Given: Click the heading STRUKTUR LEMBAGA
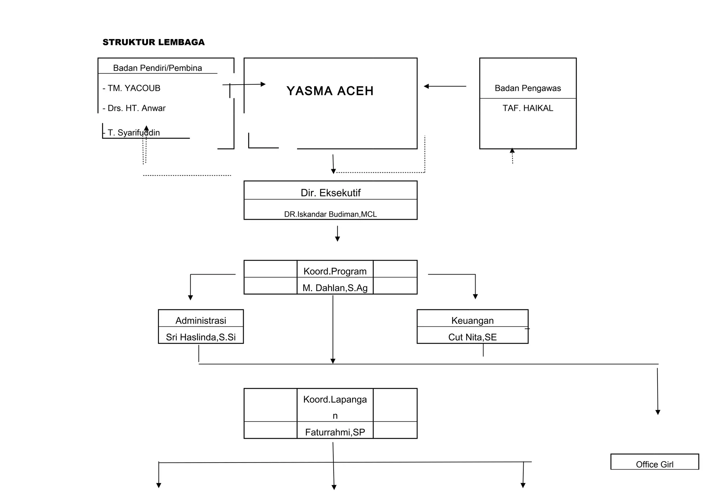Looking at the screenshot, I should pos(153,42).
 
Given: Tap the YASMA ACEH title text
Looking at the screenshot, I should pos(330,91).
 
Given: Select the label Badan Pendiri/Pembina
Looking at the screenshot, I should pos(157,68).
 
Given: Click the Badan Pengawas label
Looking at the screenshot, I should pos(527,88).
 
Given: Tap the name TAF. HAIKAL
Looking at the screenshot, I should pos(527,108).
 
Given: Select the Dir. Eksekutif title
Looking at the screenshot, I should pos(330,193).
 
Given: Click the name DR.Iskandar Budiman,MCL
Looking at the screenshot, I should pos(330,214).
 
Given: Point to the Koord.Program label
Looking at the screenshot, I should pos(335,271).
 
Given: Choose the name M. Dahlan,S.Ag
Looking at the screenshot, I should pos(335,288).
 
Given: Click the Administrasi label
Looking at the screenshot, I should pos(200,320).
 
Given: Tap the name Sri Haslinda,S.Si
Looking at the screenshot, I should pos(200,337).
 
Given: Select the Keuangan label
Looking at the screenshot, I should pos(472,320).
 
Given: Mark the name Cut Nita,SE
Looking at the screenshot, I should pos(472,337).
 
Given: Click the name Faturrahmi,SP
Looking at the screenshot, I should pos(335,432).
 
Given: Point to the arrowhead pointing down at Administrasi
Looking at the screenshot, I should pos(190,297).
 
